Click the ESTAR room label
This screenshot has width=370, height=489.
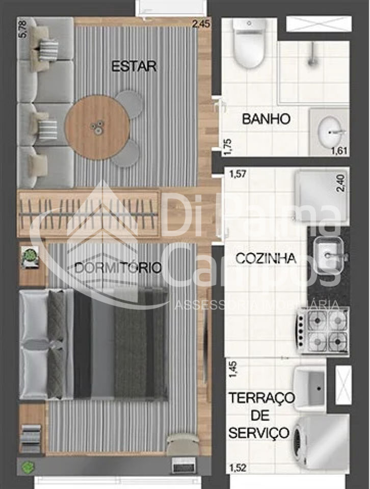click(134, 66)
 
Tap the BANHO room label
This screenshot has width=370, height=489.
click(266, 119)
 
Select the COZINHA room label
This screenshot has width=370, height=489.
click(266, 258)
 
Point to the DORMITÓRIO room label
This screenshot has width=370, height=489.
click(118, 267)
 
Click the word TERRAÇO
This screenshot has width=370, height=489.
click(261, 397)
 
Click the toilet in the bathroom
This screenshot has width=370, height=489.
click(249, 45)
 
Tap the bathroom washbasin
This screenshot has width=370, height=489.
click(330, 131)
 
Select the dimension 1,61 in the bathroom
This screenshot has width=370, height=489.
click(339, 150)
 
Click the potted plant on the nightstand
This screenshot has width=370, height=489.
click(31, 256)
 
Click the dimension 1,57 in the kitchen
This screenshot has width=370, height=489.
click(239, 175)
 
